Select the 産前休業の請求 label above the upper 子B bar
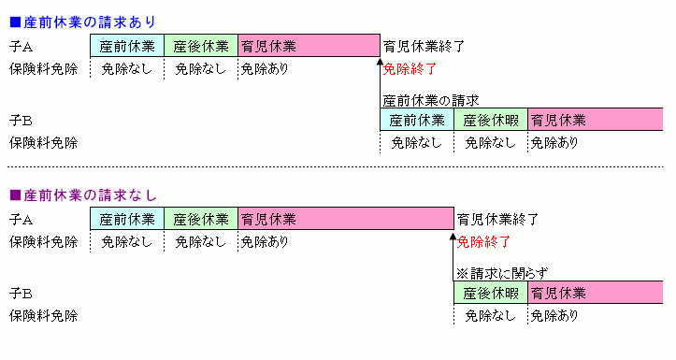click(431, 99)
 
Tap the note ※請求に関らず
click(501, 273)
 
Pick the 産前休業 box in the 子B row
click(417, 120)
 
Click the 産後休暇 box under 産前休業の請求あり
click(491, 120)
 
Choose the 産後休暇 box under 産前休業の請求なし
click(491, 294)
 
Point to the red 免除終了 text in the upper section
click(410, 68)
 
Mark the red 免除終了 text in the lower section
click(484, 242)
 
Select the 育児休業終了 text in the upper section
click(424, 45)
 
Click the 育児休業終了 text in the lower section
click(498, 220)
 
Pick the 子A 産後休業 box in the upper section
click(201, 45)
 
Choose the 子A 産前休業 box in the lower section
click(127, 220)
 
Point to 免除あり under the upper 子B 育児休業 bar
click(554, 143)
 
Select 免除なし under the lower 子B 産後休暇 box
click(490, 316)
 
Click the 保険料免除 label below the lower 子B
click(43, 316)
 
